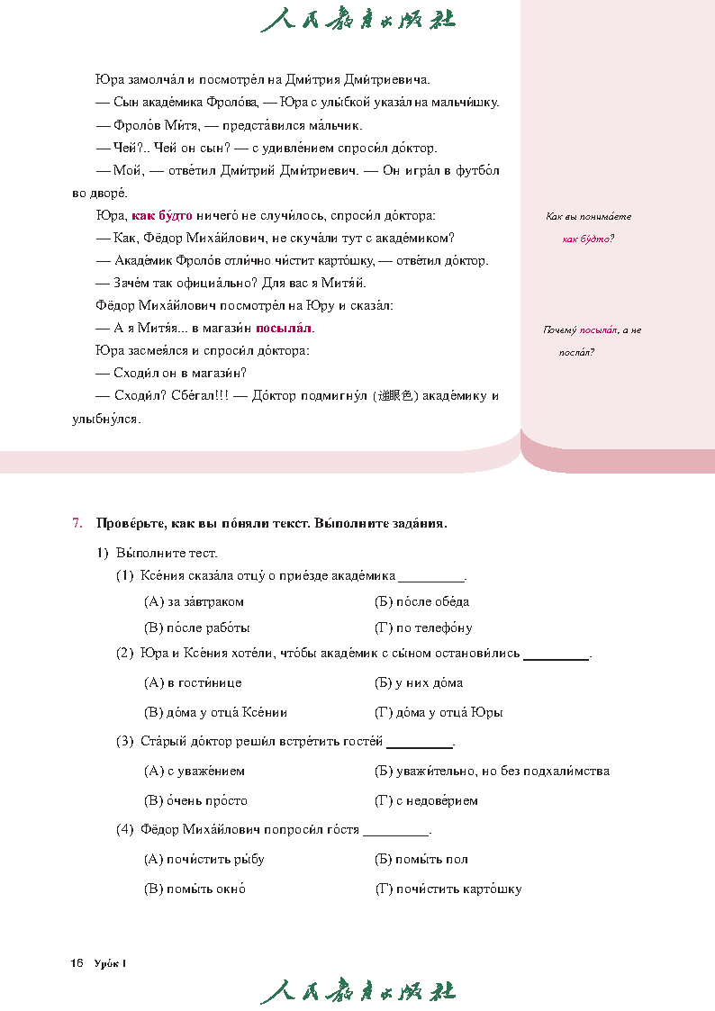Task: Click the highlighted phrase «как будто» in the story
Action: coord(162,216)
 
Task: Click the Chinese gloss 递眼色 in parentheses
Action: coord(396,396)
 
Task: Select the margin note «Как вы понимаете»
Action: coord(589,216)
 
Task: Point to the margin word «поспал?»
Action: coord(576,352)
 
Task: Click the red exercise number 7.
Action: coord(77,523)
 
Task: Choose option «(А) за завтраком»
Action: coord(194,601)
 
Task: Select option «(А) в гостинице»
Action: coord(193,683)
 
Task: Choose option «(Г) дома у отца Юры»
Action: coord(439,712)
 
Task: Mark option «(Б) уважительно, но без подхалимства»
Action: coord(492,771)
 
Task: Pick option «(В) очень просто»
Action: coord(195,800)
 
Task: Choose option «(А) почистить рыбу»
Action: coord(204,859)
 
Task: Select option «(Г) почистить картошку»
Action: coord(448,889)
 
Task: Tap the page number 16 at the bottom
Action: coord(77,964)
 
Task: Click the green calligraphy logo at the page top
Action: coord(357,20)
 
